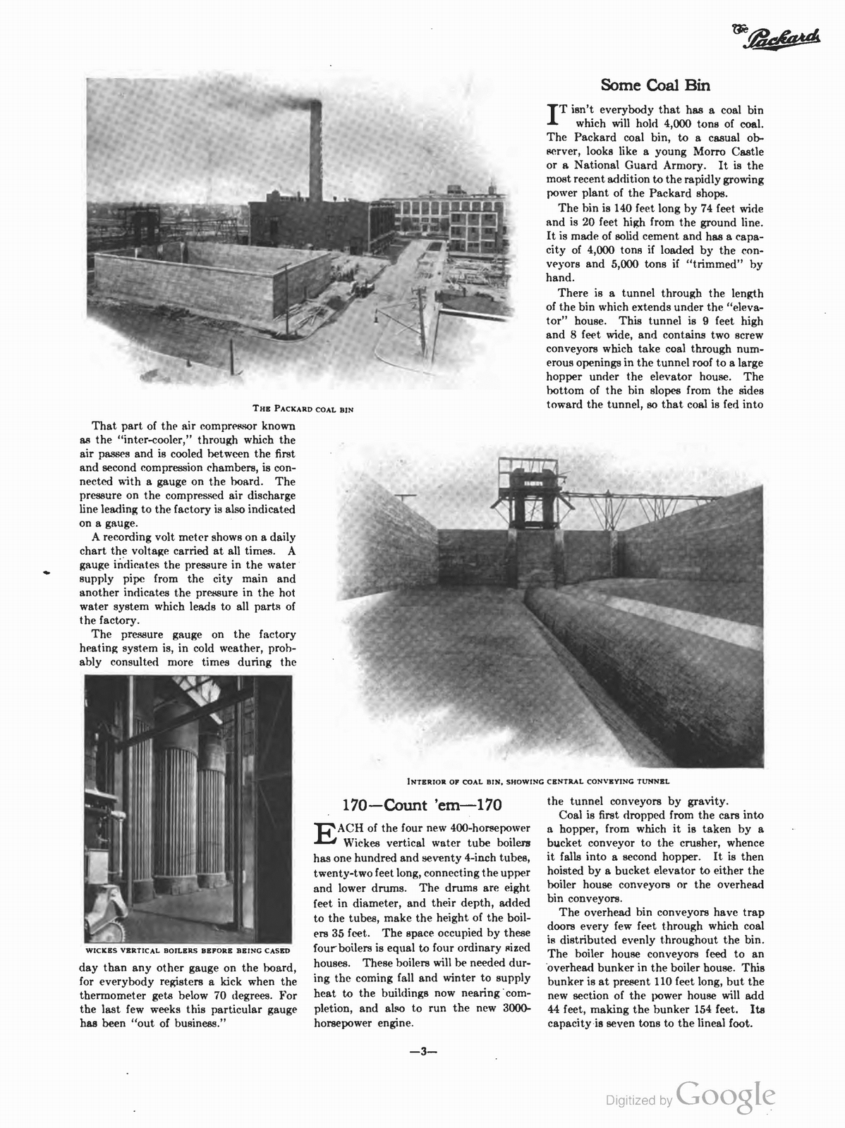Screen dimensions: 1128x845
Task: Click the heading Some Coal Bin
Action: pyautogui.click(x=655, y=85)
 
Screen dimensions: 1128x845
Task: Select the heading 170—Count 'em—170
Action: pyautogui.click(x=422, y=805)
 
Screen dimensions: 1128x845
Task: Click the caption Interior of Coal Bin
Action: pyautogui.click(x=537, y=781)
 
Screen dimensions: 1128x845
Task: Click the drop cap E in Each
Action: pyautogui.click(x=324, y=833)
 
